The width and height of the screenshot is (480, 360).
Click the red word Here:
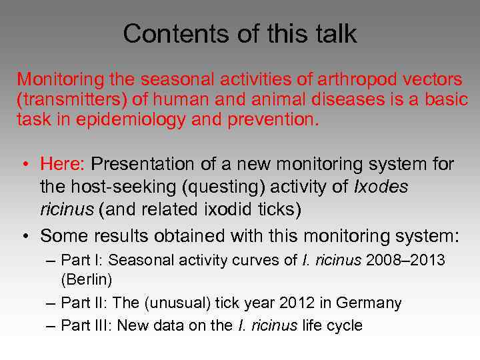(63, 163)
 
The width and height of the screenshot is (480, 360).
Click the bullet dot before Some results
(24, 236)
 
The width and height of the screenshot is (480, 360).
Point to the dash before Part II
(51, 303)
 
